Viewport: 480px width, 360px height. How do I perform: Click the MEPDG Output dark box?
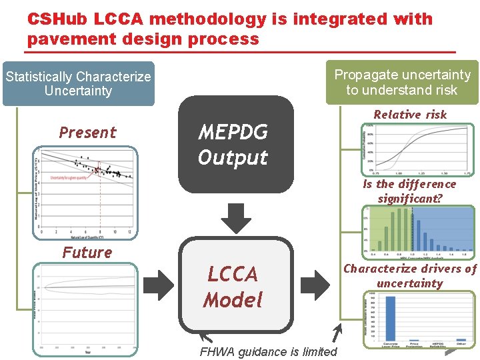(235, 145)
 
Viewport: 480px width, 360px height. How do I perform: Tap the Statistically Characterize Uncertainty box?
(78, 84)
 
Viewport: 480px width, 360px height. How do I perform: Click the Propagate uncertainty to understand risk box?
(402, 82)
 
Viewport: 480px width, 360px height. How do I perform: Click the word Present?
(87, 132)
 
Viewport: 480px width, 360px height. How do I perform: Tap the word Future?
(87, 252)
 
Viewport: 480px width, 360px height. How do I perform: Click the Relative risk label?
(410, 115)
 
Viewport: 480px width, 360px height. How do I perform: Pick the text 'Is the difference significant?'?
(409, 191)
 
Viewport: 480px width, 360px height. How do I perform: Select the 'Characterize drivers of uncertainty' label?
(409, 276)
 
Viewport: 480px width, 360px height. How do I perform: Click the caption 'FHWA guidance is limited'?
(268, 352)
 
